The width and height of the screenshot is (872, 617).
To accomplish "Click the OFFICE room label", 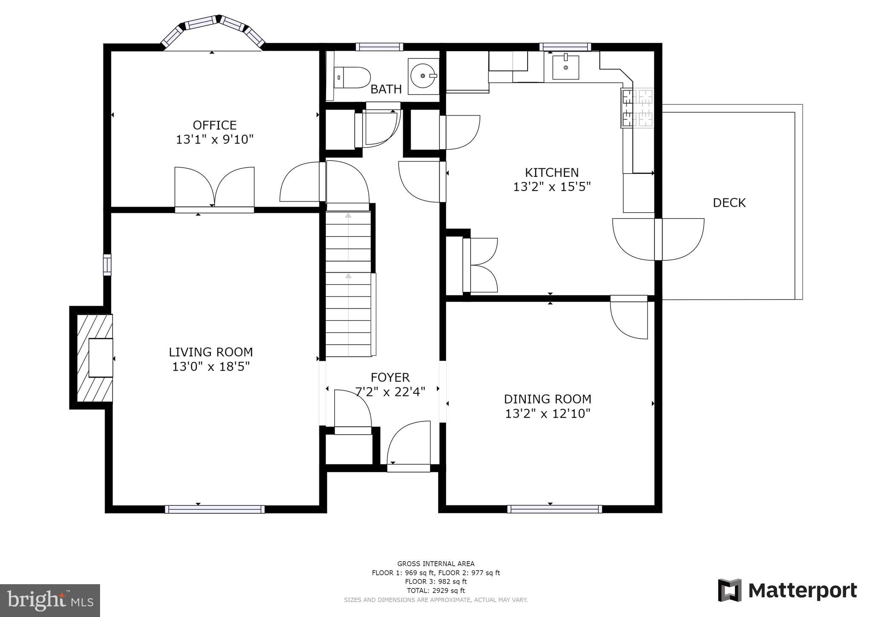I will coord(215,125).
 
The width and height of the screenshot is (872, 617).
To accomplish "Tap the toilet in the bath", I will coord(353,78).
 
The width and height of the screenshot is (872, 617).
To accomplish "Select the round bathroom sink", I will coord(423,76).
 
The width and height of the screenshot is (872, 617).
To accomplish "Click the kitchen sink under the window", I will coord(565,68).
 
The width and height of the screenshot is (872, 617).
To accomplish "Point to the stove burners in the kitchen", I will coord(637,107).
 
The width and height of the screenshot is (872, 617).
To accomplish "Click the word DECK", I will coord(729,203).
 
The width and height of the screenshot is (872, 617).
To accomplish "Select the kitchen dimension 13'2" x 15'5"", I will coord(552,187).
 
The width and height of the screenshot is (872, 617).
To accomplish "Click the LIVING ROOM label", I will coord(211,352).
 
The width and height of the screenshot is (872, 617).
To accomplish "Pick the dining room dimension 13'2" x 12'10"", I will coord(548,414).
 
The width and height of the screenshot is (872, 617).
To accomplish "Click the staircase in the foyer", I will coord(348,284).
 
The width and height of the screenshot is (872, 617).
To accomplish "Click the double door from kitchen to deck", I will coord(658,239).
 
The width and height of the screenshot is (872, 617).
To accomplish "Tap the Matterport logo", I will coord(787,590).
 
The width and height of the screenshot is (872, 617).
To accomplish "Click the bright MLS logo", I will coord(50,600).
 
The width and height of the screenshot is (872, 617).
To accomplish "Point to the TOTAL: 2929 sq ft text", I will coord(436,591).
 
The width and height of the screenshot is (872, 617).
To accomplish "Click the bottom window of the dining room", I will coord(554,509).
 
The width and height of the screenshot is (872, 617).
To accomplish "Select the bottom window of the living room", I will coord(215,509).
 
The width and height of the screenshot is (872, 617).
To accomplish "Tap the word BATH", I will coord(386,89).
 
